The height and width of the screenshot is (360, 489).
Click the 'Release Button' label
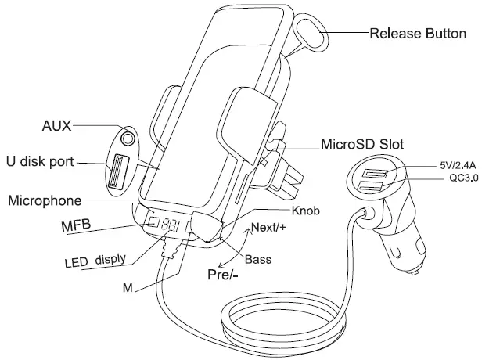point(418,34)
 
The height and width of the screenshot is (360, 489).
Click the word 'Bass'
point(258,259)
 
